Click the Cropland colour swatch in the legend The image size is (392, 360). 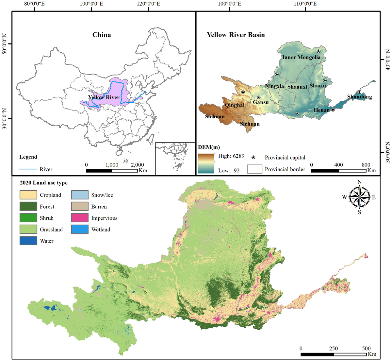point(28,195)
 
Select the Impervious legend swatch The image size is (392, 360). point(80,218)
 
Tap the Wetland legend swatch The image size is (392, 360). point(80,230)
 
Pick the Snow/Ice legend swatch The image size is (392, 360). point(80,195)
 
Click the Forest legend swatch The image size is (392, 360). point(28,207)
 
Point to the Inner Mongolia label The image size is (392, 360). point(301,58)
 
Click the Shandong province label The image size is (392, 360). point(359,97)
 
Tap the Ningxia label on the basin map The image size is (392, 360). point(274,86)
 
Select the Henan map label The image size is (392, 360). point(321,110)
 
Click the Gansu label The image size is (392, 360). point(261,102)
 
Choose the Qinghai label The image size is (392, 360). point(235,105)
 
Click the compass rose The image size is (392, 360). point(359,197)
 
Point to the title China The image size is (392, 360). point(102,35)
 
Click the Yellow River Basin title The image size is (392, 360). point(236,35)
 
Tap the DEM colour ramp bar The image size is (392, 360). point(206,163)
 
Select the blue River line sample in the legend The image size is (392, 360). point(28,169)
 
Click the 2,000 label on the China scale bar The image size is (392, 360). point(137,165)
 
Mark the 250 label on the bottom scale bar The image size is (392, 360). point(333,349)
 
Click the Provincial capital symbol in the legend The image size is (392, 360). point(253,157)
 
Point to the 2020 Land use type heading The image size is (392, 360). point(44,183)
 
